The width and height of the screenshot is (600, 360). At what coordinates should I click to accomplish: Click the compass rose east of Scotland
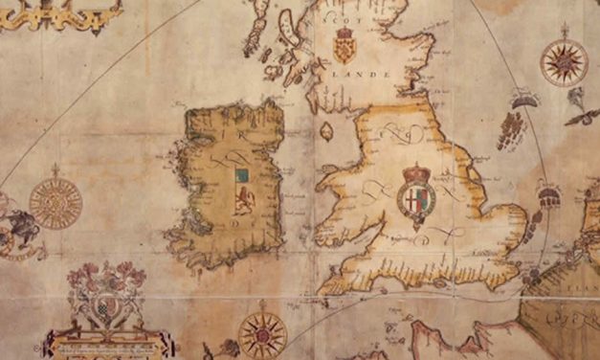tap(564, 62)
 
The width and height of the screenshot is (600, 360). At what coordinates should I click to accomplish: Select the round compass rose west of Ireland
tap(56, 202)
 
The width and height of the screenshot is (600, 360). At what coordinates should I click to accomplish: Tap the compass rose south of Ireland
tap(261, 334)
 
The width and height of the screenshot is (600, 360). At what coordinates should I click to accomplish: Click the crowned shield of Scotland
tap(344, 48)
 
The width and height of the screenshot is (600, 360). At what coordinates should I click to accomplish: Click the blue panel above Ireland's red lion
tap(241, 176)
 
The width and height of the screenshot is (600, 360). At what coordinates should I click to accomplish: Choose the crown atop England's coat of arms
tap(416, 174)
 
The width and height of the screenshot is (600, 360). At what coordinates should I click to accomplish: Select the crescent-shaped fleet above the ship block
tap(522, 98)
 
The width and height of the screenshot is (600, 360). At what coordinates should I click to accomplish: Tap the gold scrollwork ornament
tap(62, 12)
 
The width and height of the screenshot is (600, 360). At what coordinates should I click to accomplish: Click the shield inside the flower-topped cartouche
tap(103, 308)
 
